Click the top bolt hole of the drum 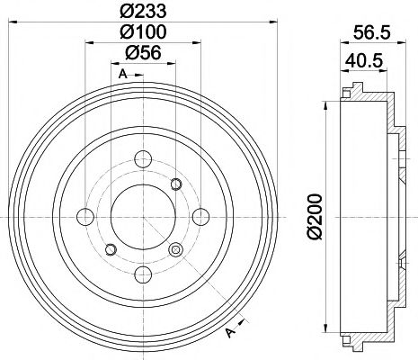pyautogui.click(x=141, y=161)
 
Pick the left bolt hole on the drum pyautogui.click(x=85, y=217)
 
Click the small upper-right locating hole pyautogui.click(x=176, y=184)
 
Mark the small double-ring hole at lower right pyautogui.click(x=175, y=250)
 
